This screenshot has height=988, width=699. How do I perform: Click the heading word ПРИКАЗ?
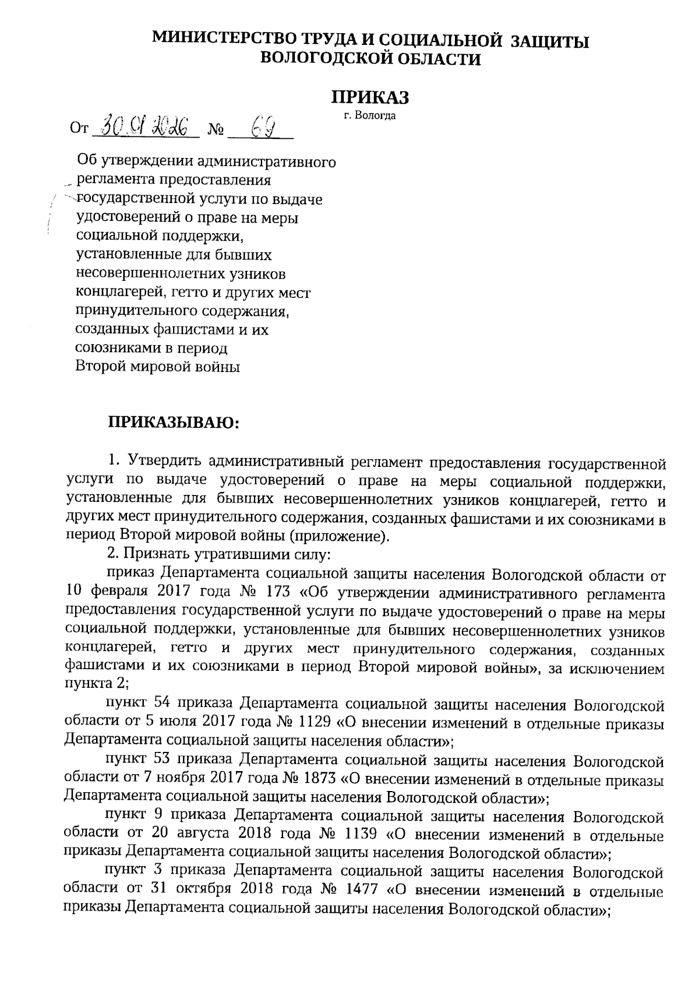[x=370, y=97]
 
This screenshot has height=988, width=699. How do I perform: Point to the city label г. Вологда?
[x=370, y=116]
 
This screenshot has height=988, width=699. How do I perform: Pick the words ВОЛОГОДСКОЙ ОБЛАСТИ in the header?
[x=370, y=59]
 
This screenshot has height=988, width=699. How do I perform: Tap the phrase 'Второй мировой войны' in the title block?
[x=158, y=367]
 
